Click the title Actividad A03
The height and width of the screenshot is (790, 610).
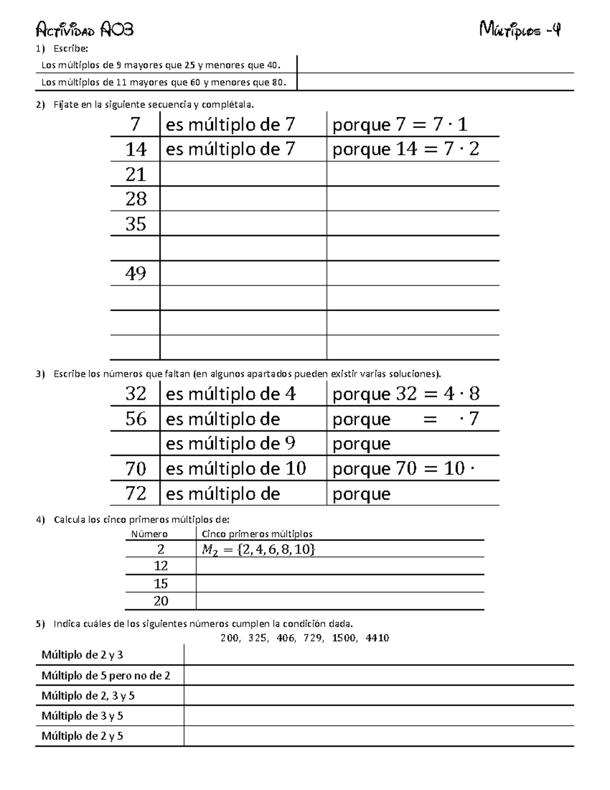pyautogui.click(x=85, y=31)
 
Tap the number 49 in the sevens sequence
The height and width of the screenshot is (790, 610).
pyautogui.click(x=136, y=274)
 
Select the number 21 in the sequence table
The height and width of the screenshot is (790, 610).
pyautogui.click(x=136, y=174)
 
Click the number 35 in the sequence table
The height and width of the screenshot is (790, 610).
pyautogui.click(x=136, y=224)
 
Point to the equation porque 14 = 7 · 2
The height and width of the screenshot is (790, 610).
pyautogui.click(x=406, y=150)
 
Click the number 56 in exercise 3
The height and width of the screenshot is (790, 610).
pyautogui.click(x=136, y=419)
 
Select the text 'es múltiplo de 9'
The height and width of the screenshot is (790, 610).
pyautogui.click(x=230, y=444)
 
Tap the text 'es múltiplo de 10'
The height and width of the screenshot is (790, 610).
pyautogui.click(x=236, y=469)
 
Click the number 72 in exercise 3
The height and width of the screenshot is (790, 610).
pyautogui.click(x=136, y=493)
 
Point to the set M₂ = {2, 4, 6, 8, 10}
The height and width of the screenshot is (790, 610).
pyautogui.click(x=258, y=549)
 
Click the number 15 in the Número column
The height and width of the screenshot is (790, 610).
pyautogui.click(x=161, y=583)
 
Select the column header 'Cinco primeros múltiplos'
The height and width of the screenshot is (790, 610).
pyautogui.click(x=257, y=534)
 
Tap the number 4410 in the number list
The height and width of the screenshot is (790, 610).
pyautogui.click(x=377, y=638)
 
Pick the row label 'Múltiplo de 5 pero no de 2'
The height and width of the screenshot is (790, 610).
pyautogui.click(x=106, y=676)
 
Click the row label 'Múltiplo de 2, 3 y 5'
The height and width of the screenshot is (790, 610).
pyautogui.click(x=88, y=696)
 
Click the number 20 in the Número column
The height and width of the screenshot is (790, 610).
pyautogui.click(x=161, y=601)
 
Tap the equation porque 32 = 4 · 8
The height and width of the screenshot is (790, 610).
pyautogui.click(x=406, y=394)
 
